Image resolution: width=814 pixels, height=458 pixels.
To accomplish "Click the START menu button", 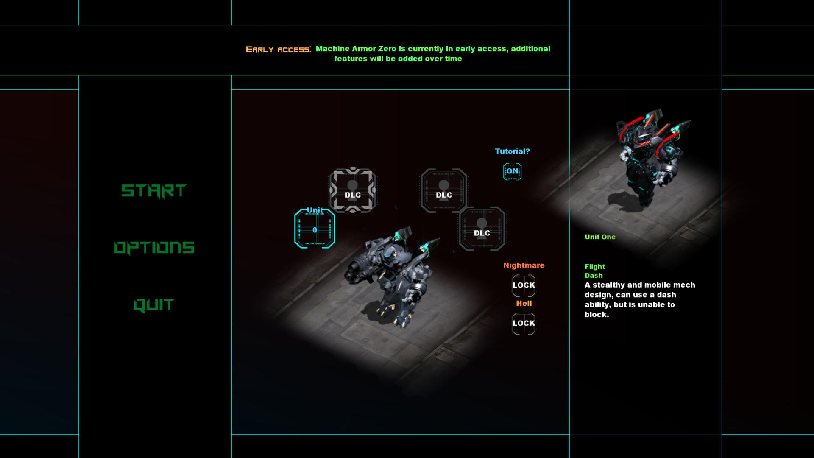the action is [x=154, y=191].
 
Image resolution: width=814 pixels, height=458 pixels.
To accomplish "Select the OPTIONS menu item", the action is [x=154, y=248].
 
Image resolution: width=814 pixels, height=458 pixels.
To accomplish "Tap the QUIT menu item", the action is [x=154, y=305].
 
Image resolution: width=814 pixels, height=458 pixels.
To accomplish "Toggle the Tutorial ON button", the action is [x=512, y=171].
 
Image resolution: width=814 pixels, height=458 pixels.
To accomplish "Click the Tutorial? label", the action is [x=512, y=151].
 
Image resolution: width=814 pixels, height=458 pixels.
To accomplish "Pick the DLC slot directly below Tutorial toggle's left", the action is [x=444, y=190].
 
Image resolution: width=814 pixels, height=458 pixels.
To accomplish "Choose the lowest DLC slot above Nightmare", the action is [x=482, y=229].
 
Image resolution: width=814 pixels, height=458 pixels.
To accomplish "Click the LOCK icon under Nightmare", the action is [x=524, y=285].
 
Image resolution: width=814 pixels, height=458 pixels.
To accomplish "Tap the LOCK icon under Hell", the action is [x=524, y=324].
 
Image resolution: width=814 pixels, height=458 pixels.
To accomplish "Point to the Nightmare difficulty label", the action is [x=524, y=265].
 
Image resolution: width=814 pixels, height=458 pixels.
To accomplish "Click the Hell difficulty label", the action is [x=524, y=304].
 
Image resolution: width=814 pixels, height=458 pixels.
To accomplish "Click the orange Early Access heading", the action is [x=279, y=50].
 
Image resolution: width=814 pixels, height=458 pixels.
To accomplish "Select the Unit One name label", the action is [x=600, y=237].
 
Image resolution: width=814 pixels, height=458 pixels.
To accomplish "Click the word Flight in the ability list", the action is [x=595, y=267].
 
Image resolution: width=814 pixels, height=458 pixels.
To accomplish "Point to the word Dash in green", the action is [x=594, y=276].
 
